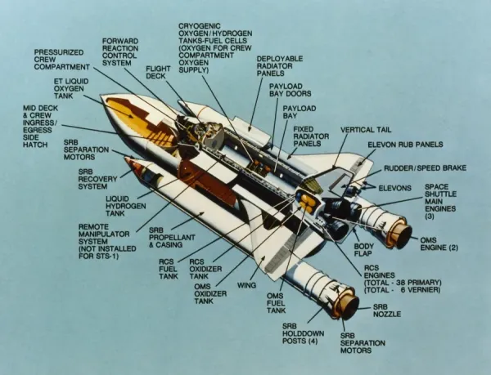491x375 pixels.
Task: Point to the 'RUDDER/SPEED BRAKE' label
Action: pos(425,168)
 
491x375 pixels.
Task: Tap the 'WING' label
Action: pos(246,285)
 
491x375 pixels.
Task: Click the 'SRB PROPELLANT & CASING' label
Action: pos(169,239)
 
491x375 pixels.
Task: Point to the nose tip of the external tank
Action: pos(101,100)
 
